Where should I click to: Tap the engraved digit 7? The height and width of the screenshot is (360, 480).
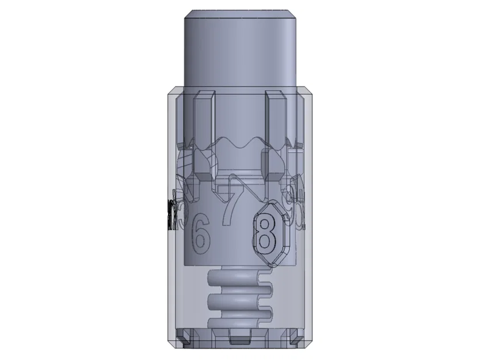[233, 202]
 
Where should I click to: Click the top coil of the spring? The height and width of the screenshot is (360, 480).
[239, 278]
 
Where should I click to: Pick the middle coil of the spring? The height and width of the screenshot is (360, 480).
[239, 301]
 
